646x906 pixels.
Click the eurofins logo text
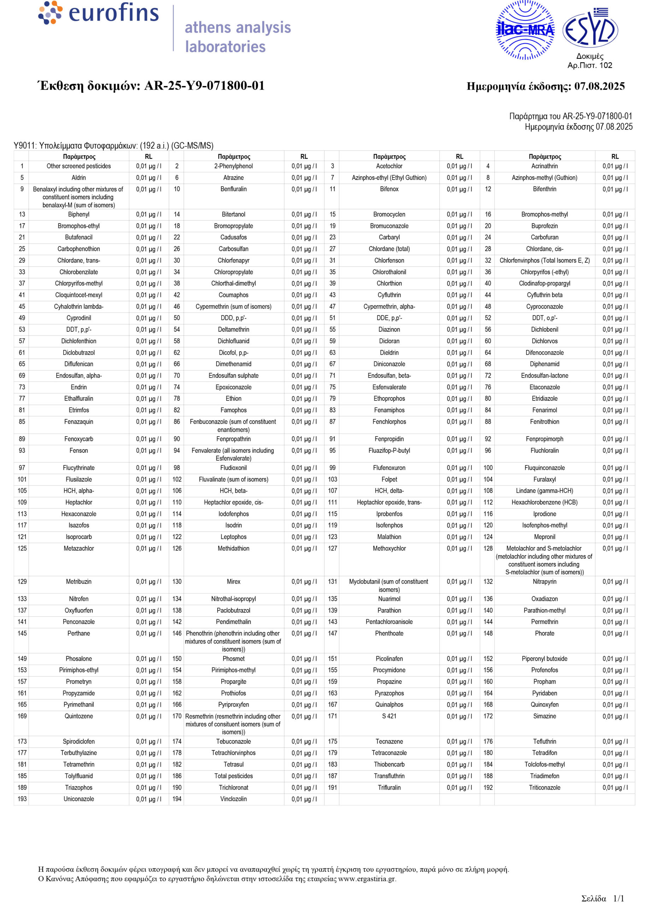(113, 13)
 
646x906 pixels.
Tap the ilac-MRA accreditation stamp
(525, 30)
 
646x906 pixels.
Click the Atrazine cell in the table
(234, 178)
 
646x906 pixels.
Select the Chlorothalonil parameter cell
(389, 272)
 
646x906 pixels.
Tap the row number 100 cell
(488, 468)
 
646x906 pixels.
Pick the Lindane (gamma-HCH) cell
(544, 491)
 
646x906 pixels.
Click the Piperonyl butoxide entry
(544, 659)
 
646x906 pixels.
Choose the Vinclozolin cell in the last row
(234, 799)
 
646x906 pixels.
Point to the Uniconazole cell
(79, 799)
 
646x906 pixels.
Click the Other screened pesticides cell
(79, 166)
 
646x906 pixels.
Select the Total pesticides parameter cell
(234, 776)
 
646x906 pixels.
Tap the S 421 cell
(389, 716)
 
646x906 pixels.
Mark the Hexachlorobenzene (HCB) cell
(544, 502)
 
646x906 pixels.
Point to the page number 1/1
(618, 899)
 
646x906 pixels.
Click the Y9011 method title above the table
(113, 145)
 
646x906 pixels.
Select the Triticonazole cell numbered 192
(544, 787)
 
